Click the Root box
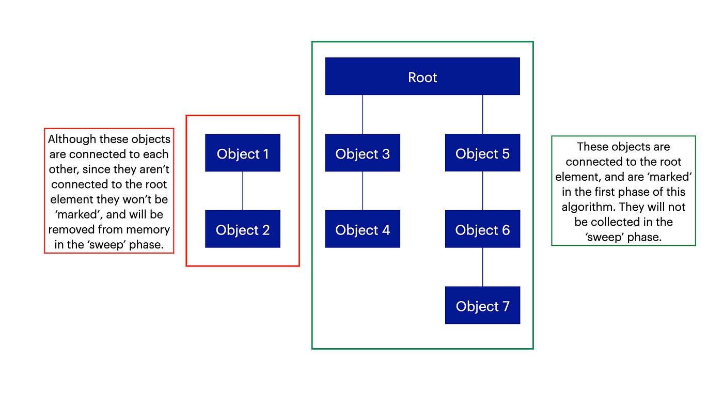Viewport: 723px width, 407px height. pos(422,76)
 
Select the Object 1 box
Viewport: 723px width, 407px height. pos(243,153)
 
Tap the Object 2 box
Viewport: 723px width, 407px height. pos(243,229)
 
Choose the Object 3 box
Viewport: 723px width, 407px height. pos(363,153)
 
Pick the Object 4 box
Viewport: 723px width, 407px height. pos(363,229)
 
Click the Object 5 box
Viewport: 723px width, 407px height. pos(482,153)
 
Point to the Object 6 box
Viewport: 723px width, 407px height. pos(482,229)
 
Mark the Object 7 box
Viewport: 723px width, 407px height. pos(482,305)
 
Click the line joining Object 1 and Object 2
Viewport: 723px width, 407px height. pos(243,191)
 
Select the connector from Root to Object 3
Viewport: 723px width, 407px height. pos(363,114)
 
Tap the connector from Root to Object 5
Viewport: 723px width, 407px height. pos(483,114)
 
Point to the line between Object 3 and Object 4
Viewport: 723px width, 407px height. pos(363,191)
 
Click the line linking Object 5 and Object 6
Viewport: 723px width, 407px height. pos(483,191)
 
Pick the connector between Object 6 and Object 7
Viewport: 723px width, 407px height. pos(483,267)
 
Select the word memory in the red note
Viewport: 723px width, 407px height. pos(148,230)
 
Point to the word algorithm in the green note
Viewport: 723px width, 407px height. pos(586,207)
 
